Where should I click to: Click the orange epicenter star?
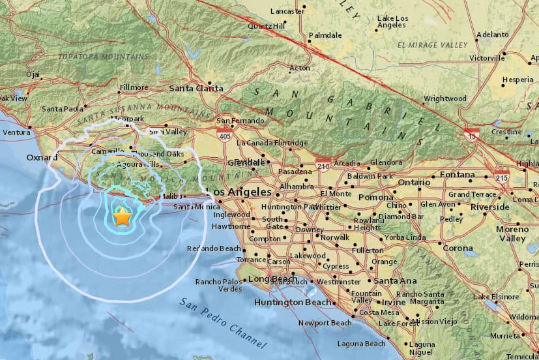pos(122,217)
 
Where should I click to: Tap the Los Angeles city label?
pos(238,192)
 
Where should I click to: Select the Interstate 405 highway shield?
pos(225,134)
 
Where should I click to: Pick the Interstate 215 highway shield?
pos(502,177)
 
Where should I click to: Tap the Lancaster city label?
pos(287,11)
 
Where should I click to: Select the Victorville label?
pos(487,58)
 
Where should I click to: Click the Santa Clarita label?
pos(196,88)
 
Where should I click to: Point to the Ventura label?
pos(16,132)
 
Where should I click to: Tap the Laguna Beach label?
pos(361,344)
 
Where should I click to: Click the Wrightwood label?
pos(444,98)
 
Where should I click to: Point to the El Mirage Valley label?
pos(432,45)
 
